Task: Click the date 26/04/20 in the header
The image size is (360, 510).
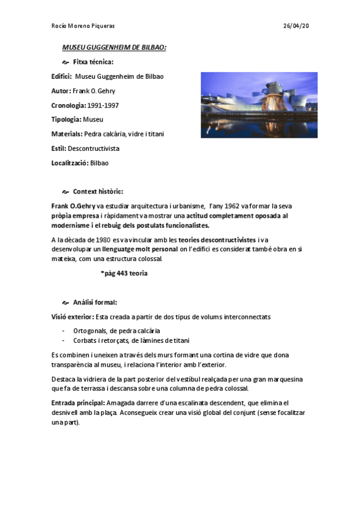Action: tap(296, 26)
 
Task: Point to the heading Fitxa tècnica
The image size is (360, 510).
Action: tap(93, 62)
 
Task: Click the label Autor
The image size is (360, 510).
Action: tap(61, 91)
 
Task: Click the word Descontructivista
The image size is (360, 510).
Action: tap(93, 148)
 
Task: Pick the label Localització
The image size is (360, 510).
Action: tap(70, 162)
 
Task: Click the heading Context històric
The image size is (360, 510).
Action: tap(97, 192)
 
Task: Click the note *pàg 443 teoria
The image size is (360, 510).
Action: tap(124, 273)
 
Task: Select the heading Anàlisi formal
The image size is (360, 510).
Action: tap(95, 302)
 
